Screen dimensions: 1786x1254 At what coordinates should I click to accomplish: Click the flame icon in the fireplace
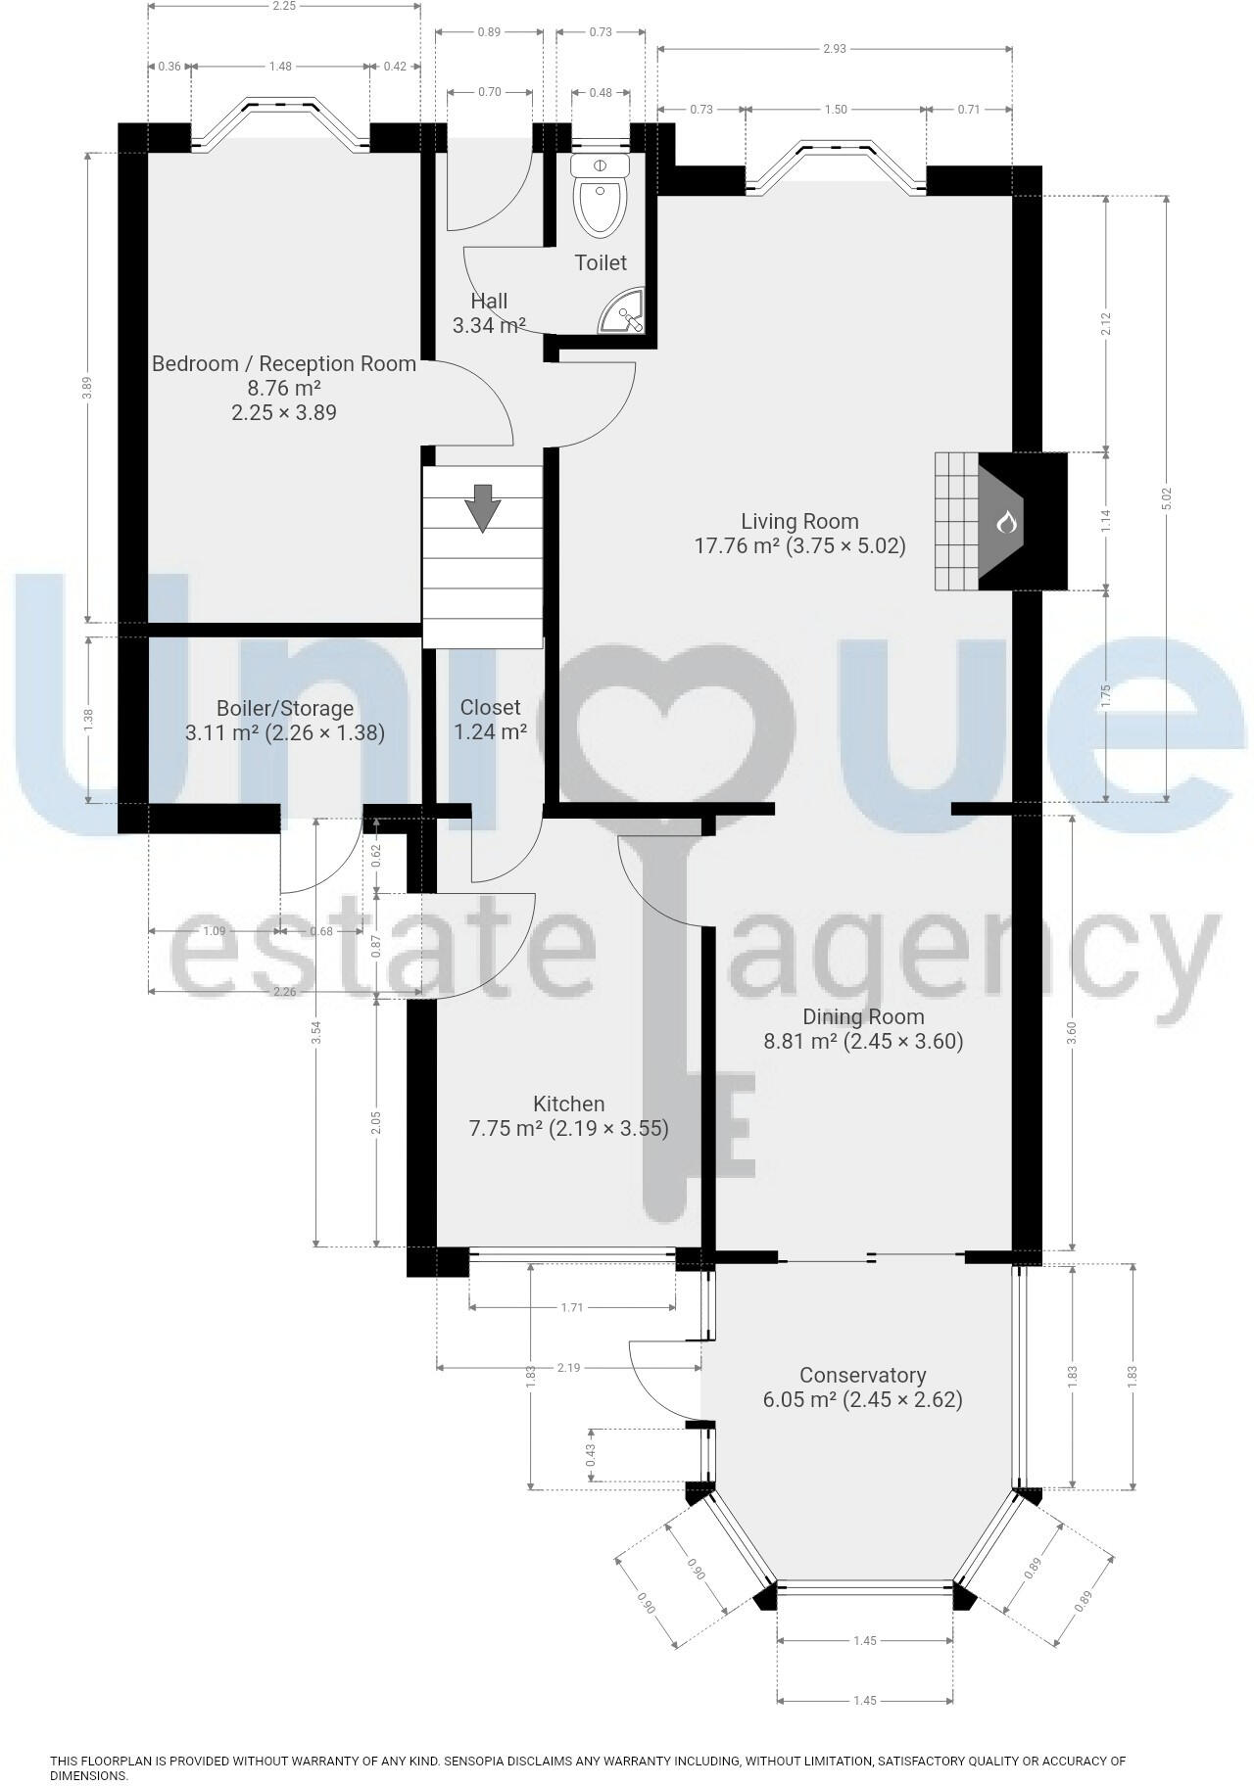(x=1006, y=522)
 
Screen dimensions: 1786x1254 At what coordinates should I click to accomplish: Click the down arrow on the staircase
(x=482, y=507)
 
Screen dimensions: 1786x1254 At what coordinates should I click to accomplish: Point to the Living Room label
(x=799, y=521)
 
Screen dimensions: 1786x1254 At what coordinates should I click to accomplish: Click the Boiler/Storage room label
(x=284, y=708)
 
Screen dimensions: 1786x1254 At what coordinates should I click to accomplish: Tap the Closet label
(x=490, y=707)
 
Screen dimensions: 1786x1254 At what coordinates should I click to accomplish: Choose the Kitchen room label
(x=568, y=1104)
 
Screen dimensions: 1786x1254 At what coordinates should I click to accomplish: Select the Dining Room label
(x=863, y=1015)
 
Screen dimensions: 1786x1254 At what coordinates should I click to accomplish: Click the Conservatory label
(x=862, y=1375)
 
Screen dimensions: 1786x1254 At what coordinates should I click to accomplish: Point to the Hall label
(x=489, y=301)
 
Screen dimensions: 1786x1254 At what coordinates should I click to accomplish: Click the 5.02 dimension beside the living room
(x=1166, y=498)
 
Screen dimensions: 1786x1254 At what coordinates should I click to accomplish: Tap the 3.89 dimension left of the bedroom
(x=87, y=388)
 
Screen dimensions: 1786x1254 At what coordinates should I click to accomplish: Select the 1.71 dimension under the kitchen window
(x=572, y=1306)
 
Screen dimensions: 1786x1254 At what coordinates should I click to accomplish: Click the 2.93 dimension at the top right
(x=835, y=49)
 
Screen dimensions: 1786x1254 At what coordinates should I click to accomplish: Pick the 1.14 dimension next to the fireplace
(x=1106, y=521)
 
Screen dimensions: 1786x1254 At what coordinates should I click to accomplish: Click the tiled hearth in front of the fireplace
(x=956, y=521)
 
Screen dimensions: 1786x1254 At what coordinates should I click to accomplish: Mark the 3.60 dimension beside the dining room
(x=1072, y=1032)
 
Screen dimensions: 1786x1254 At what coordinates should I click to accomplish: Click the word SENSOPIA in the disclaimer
(x=478, y=1761)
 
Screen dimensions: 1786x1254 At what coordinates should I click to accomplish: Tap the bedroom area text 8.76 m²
(x=283, y=388)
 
